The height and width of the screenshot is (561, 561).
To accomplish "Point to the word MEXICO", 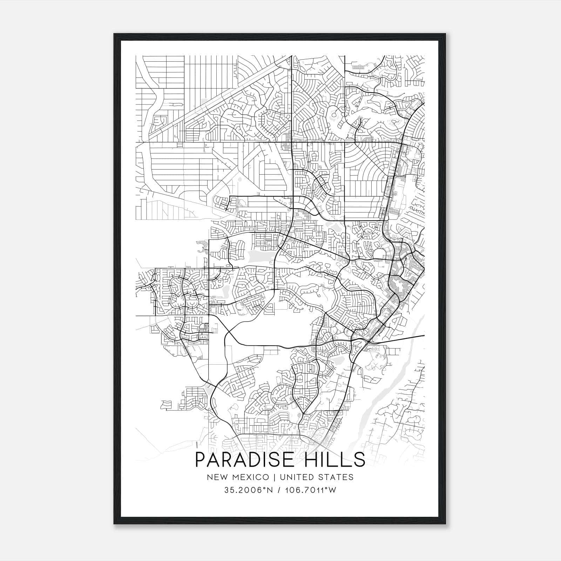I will (x=251, y=477).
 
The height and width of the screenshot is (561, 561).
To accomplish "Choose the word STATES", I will (x=337, y=477).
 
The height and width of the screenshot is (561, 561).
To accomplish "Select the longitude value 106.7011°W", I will (x=310, y=490).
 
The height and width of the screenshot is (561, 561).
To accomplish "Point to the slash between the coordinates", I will (x=279, y=490).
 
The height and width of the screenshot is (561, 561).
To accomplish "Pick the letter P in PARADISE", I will (x=200, y=460).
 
